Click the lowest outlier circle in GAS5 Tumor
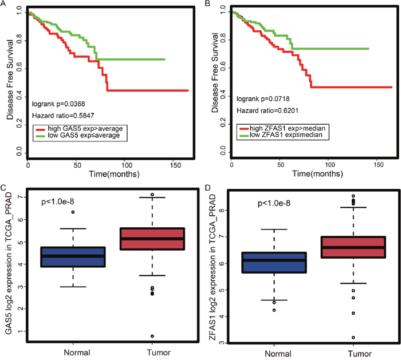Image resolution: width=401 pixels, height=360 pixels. [151, 336]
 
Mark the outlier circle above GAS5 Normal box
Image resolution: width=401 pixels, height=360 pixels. [73, 212]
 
